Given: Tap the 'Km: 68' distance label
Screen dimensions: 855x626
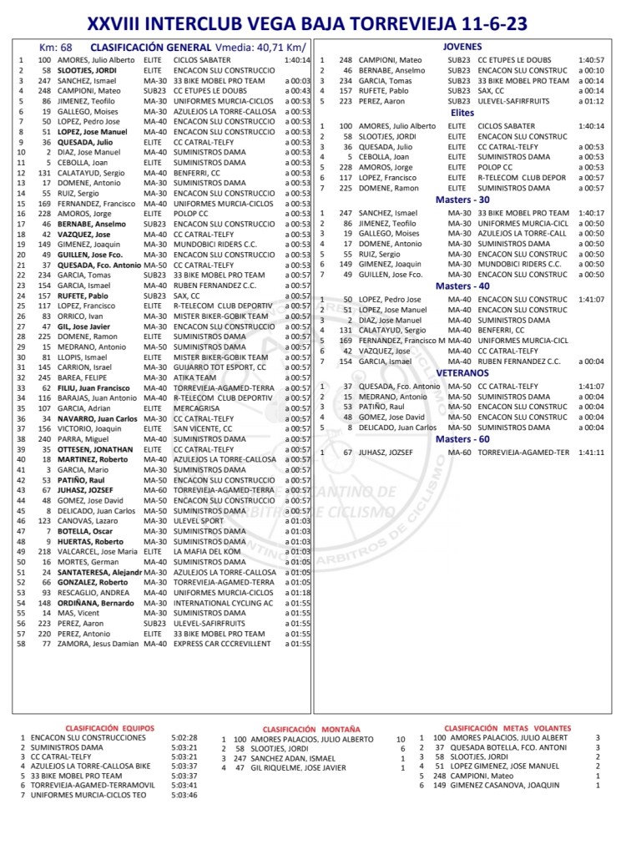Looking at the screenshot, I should click(55, 48).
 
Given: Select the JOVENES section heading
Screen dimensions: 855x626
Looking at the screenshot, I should click(463, 47).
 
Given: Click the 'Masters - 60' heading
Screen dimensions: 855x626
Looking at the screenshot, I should click(462, 438).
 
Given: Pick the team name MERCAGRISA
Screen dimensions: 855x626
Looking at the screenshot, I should click(198, 408).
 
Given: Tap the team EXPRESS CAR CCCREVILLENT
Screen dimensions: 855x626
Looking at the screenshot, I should click(223, 644).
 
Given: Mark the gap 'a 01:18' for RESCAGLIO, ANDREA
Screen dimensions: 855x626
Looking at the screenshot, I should click(296, 592).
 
